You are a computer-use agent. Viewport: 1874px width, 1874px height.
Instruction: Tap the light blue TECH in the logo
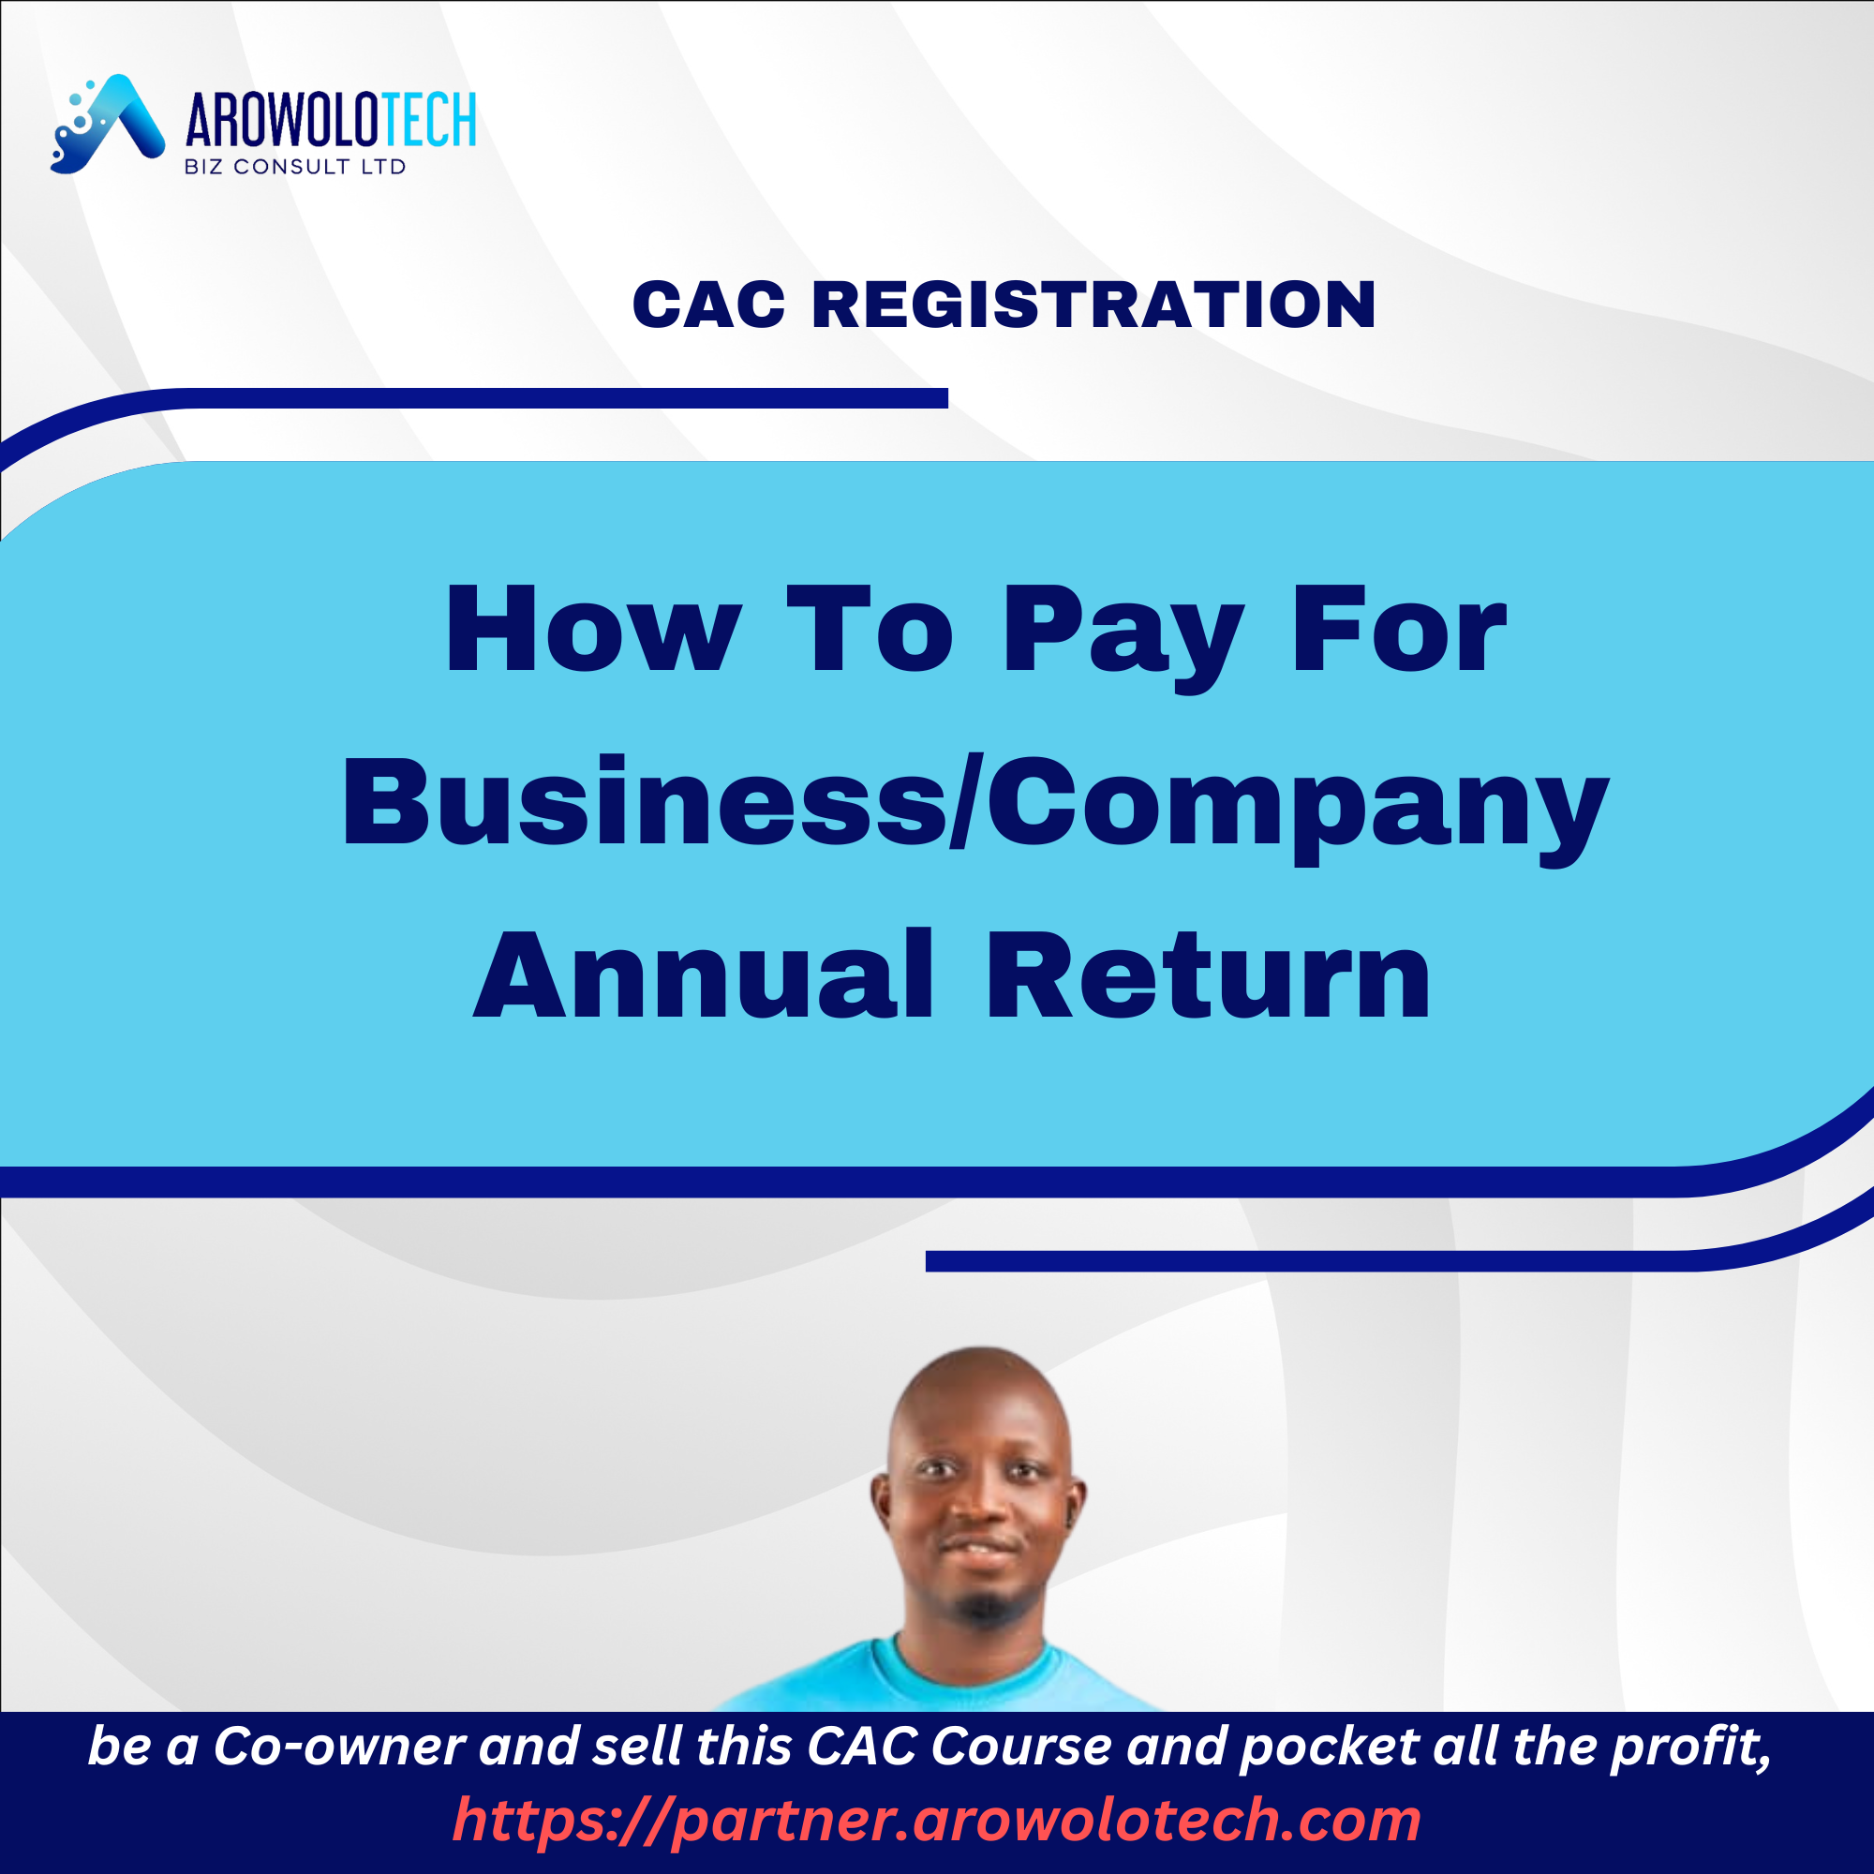click(x=429, y=120)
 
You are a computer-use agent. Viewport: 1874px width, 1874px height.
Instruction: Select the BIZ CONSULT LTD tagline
click(x=295, y=167)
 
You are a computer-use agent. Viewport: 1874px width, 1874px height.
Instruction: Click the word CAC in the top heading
click(x=708, y=305)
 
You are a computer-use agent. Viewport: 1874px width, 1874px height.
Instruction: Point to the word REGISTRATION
click(x=1093, y=305)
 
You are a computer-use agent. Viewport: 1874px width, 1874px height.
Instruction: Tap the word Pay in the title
click(x=1123, y=637)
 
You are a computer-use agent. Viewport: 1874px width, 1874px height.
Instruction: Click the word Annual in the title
click(x=705, y=974)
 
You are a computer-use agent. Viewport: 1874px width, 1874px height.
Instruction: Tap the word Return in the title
click(x=1209, y=974)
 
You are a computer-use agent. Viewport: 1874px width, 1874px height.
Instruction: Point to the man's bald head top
click(x=982, y=1377)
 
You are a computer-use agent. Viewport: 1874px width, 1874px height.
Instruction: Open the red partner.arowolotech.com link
click(x=937, y=1820)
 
